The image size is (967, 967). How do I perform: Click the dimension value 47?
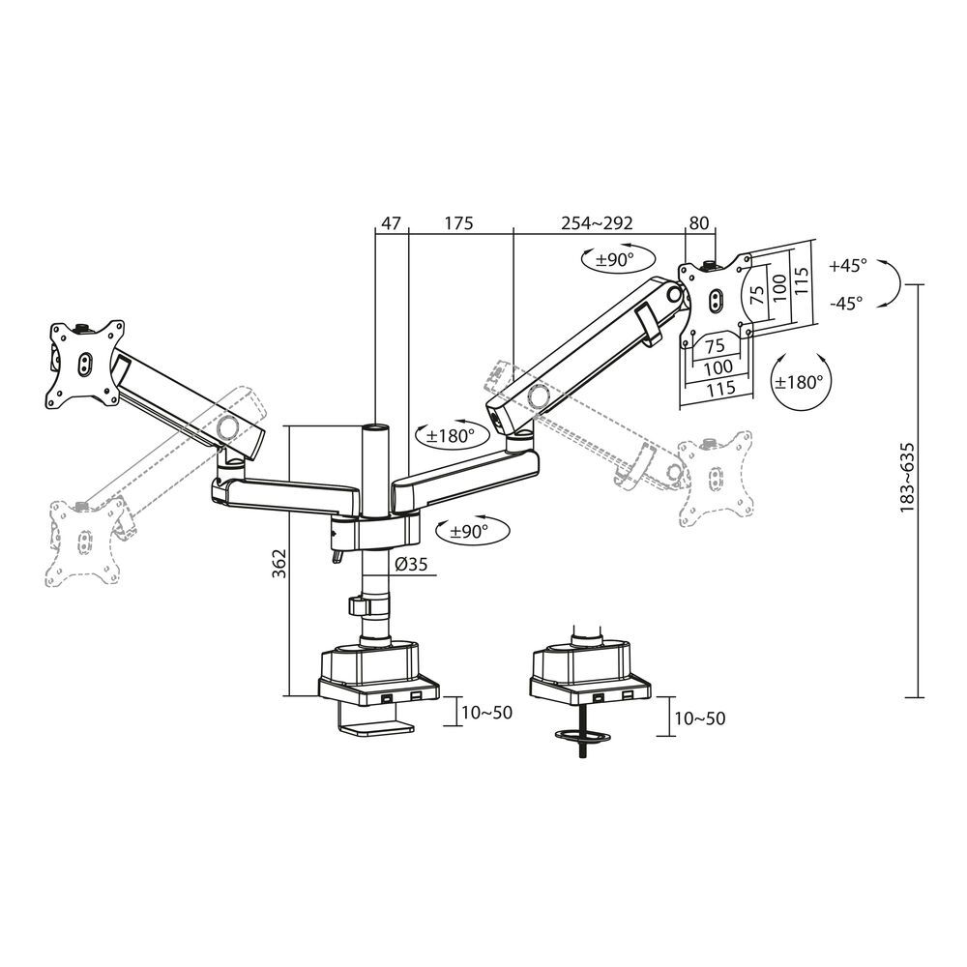point(391,222)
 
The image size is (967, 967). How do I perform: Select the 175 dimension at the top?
point(458,222)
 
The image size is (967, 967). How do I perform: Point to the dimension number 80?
point(698,222)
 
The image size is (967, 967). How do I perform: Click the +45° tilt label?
point(848,264)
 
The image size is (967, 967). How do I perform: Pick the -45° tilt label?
point(847,303)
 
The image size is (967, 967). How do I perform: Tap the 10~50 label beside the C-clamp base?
point(486,713)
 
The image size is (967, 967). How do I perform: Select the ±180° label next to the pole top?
point(447,436)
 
